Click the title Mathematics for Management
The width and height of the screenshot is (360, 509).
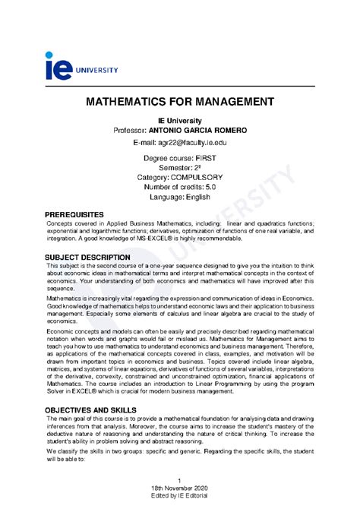[179, 101]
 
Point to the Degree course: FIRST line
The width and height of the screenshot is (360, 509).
[179, 157]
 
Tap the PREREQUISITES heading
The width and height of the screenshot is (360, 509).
[79, 215]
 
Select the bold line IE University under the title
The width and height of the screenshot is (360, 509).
[179, 120]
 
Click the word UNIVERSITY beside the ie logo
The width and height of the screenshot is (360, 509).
[96, 70]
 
